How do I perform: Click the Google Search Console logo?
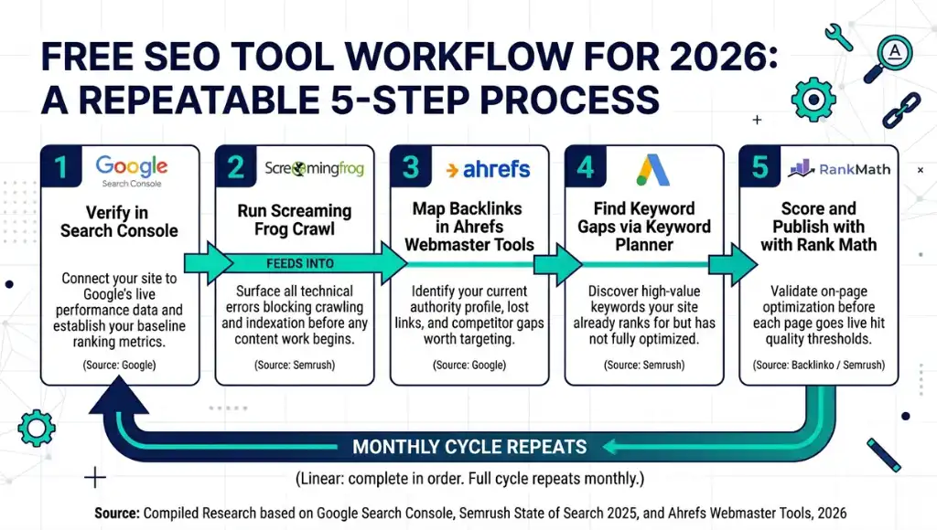(132, 170)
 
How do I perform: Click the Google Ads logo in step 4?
(653, 170)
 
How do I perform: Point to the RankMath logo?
(840, 169)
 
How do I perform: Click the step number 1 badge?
(61, 168)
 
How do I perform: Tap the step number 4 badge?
(587, 168)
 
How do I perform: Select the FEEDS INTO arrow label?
(300, 263)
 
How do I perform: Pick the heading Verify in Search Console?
(119, 222)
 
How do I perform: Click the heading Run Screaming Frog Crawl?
(294, 219)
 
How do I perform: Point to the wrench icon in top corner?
(839, 37)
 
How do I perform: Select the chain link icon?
(899, 108)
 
